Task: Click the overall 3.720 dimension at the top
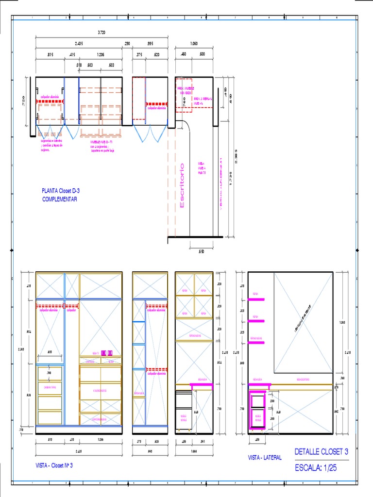point(102,33)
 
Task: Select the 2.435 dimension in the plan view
point(79,44)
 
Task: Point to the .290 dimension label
point(127,44)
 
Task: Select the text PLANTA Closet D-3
point(61,191)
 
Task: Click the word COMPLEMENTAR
point(60,199)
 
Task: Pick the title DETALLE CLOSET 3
point(322,451)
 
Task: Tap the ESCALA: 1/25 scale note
point(316,468)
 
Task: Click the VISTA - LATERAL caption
point(265,457)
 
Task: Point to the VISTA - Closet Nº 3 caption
point(54,465)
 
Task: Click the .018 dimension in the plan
point(79,65)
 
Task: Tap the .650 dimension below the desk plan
point(201,252)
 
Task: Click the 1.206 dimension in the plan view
point(101,54)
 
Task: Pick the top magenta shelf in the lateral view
point(256,299)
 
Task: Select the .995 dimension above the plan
point(150,44)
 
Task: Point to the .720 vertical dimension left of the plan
point(24,101)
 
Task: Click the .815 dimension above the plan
point(50,54)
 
